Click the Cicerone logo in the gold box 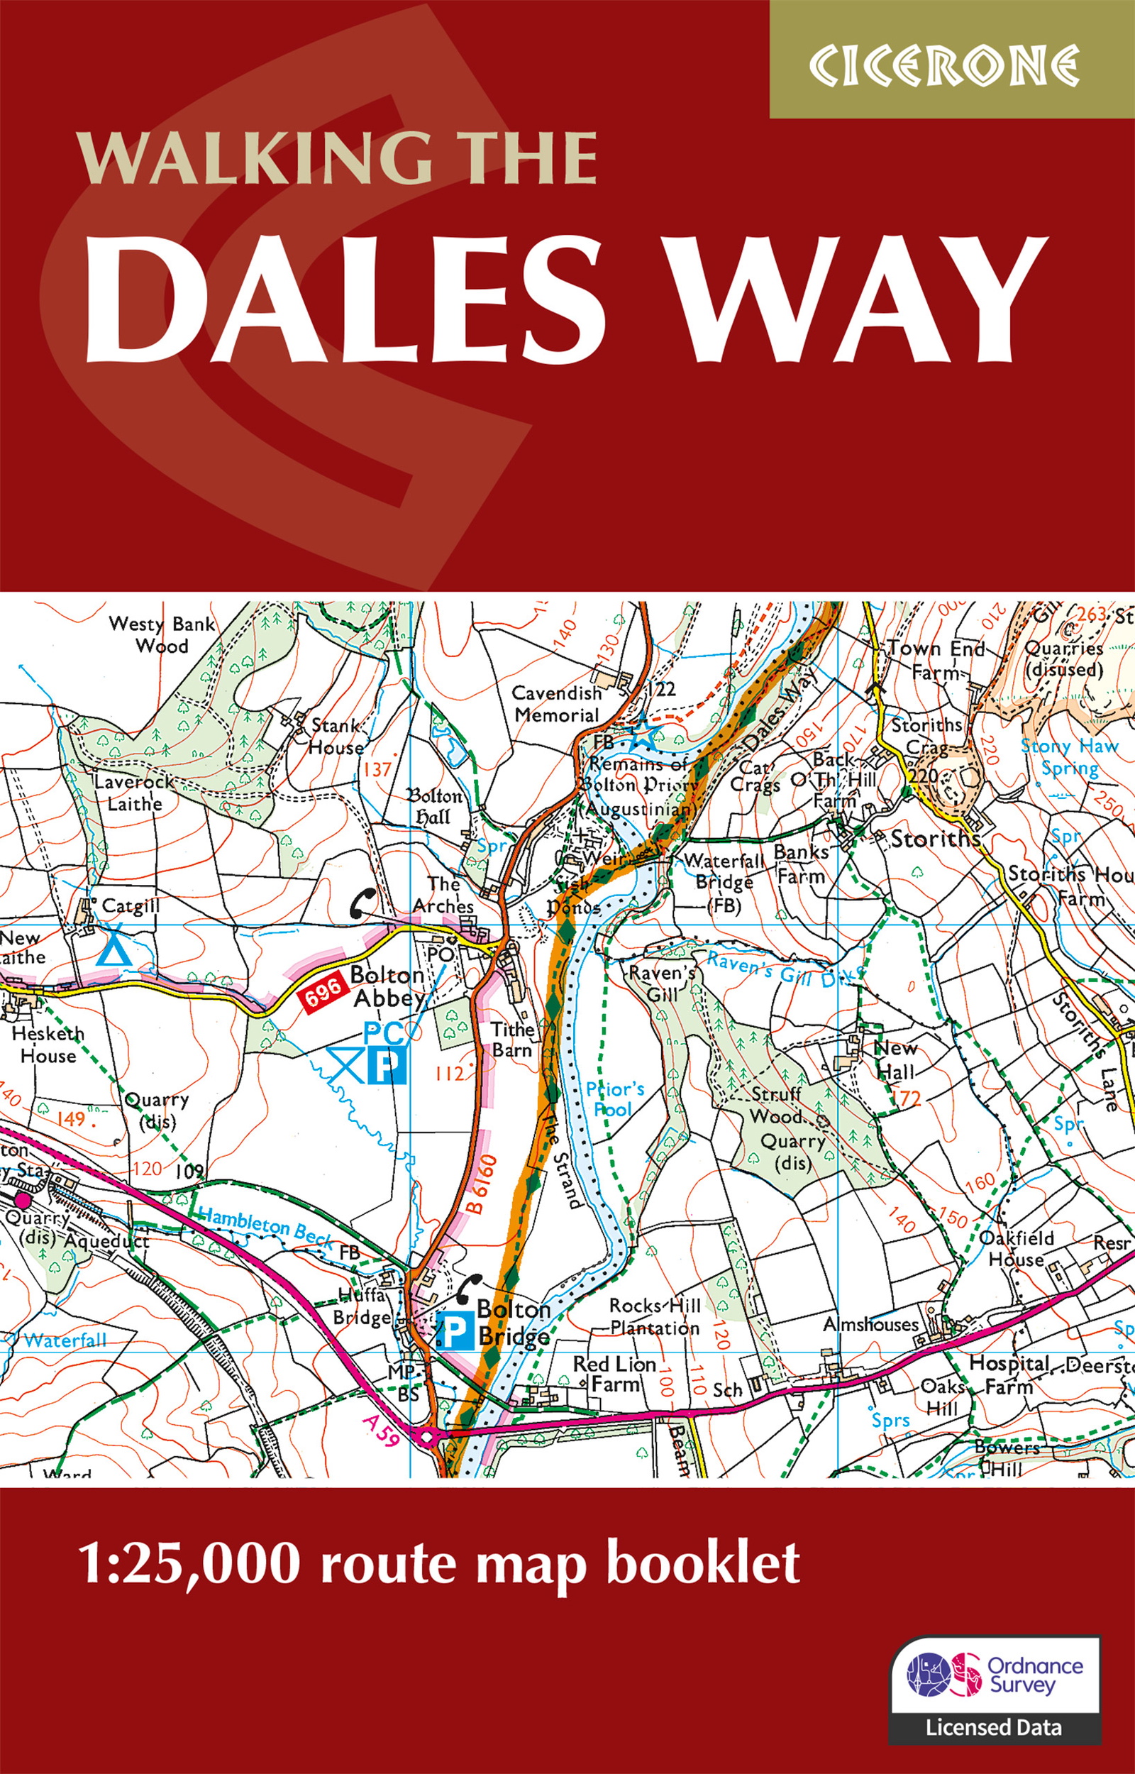click(943, 65)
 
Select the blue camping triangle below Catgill click(114, 951)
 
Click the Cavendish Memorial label click(556, 704)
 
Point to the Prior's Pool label click(614, 1099)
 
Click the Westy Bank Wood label click(162, 634)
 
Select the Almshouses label click(870, 1324)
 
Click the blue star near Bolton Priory click(646, 737)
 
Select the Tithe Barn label click(513, 1039)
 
